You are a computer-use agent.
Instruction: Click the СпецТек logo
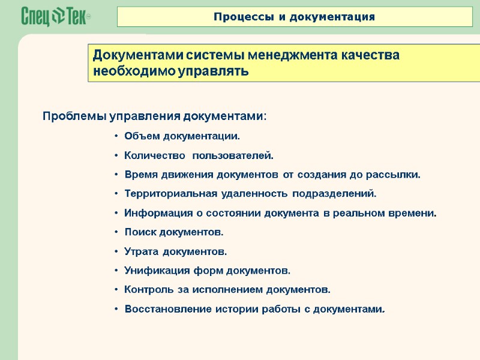(x=56, y=17)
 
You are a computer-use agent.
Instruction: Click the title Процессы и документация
(x=295, y=17)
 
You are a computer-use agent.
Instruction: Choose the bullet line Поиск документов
(x=173, y=232)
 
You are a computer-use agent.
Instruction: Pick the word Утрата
(x=140, y=251)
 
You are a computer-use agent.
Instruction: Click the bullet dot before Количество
(x=116, y=156)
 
